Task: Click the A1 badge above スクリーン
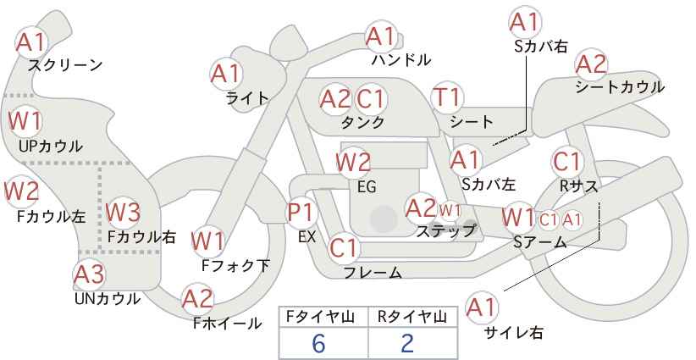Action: [31, 42]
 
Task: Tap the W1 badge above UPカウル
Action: [25, 121]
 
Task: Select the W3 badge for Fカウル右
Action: [123, 212]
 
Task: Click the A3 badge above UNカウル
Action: [89, 274]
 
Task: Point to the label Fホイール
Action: [227, 324]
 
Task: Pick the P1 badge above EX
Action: [301, 212]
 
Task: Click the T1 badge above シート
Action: [447, 97]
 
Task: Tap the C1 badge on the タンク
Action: [371, 98]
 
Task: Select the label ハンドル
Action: [401, 59]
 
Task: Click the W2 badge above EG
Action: [353, 163]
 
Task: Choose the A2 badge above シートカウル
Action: [591, 65]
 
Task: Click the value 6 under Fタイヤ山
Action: [318, 343]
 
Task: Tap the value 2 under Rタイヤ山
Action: [407, 343]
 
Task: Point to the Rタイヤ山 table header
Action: [412, 317]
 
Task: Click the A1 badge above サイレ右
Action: [482, 307]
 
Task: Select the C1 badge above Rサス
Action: [567, 162]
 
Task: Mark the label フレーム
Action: [373, 272]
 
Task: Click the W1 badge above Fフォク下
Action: [207, 241]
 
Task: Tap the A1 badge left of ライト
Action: [225, 74]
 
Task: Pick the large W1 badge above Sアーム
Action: [518, 218]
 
